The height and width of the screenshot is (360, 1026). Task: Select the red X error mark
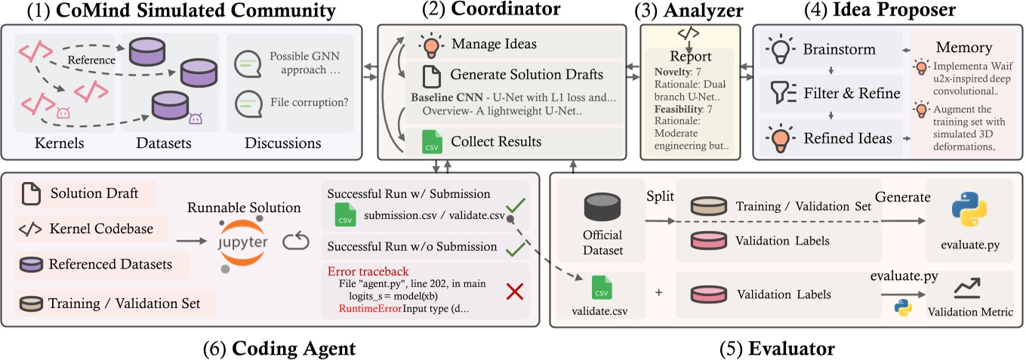pos(514,293)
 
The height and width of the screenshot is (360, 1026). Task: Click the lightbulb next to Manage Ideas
pos(431,45)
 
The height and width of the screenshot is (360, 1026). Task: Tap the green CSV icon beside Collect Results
pos(430,141)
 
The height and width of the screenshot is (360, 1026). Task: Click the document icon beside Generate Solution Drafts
pos(430,75)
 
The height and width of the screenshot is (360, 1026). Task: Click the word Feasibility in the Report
pos(669,109)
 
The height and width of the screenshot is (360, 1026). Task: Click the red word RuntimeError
pos(370,309)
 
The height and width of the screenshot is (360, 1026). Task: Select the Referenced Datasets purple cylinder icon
pos(30,264)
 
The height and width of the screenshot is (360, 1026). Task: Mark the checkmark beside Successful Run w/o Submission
pos(514,247)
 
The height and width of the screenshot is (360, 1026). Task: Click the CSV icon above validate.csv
pos(602,289)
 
